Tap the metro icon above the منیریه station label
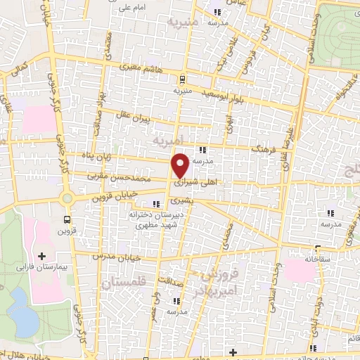(182, 79)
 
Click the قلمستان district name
(127, 284)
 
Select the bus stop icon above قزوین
(67, 219)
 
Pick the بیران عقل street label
(155, 119)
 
